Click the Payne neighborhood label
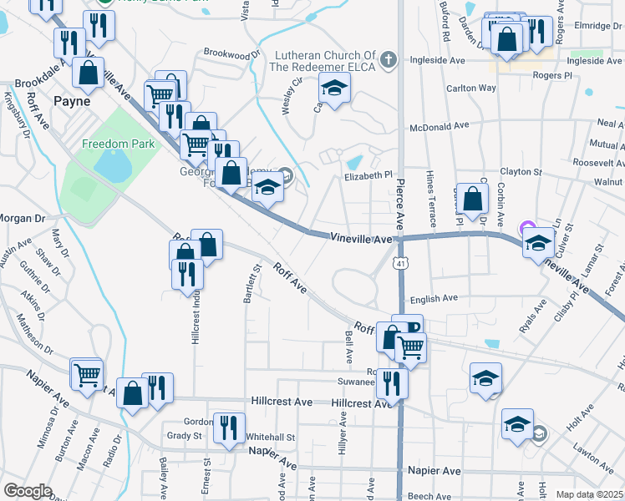(72, 101)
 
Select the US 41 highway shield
(402, 265)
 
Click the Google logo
(28, 491)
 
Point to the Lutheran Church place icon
(387, 59)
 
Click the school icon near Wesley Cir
(334, 89)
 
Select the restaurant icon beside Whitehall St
(228, 427)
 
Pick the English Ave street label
(434, 298)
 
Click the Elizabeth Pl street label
(368, 176)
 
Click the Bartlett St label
(247, 285)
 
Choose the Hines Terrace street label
(431, 196)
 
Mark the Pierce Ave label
(400, 200)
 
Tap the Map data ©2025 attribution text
(588, 494)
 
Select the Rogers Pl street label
(556, 75)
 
